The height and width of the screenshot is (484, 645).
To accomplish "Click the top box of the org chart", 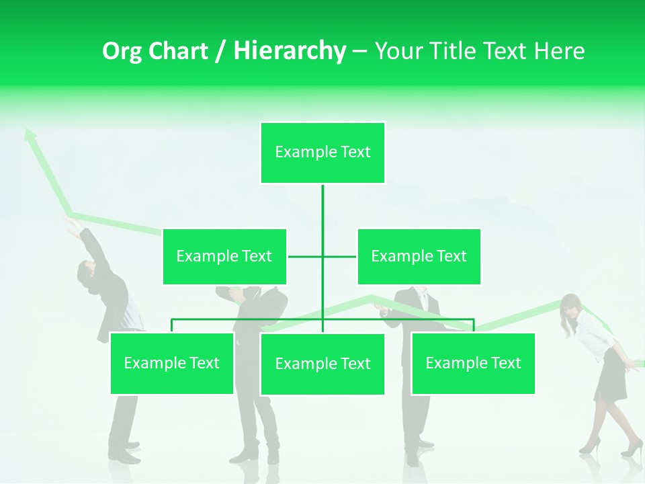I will click(322, 153).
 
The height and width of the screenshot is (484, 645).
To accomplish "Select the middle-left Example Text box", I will click(224, 256).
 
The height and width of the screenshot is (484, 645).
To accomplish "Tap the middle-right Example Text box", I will click(419, 256).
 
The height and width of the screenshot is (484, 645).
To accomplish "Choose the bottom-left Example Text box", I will click(171, 363).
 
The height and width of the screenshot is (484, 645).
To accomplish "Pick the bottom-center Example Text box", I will click(322, 364).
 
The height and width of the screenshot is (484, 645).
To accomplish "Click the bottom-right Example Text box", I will click(473, 363).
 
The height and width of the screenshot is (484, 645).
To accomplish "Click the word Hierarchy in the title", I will click(290, 51).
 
